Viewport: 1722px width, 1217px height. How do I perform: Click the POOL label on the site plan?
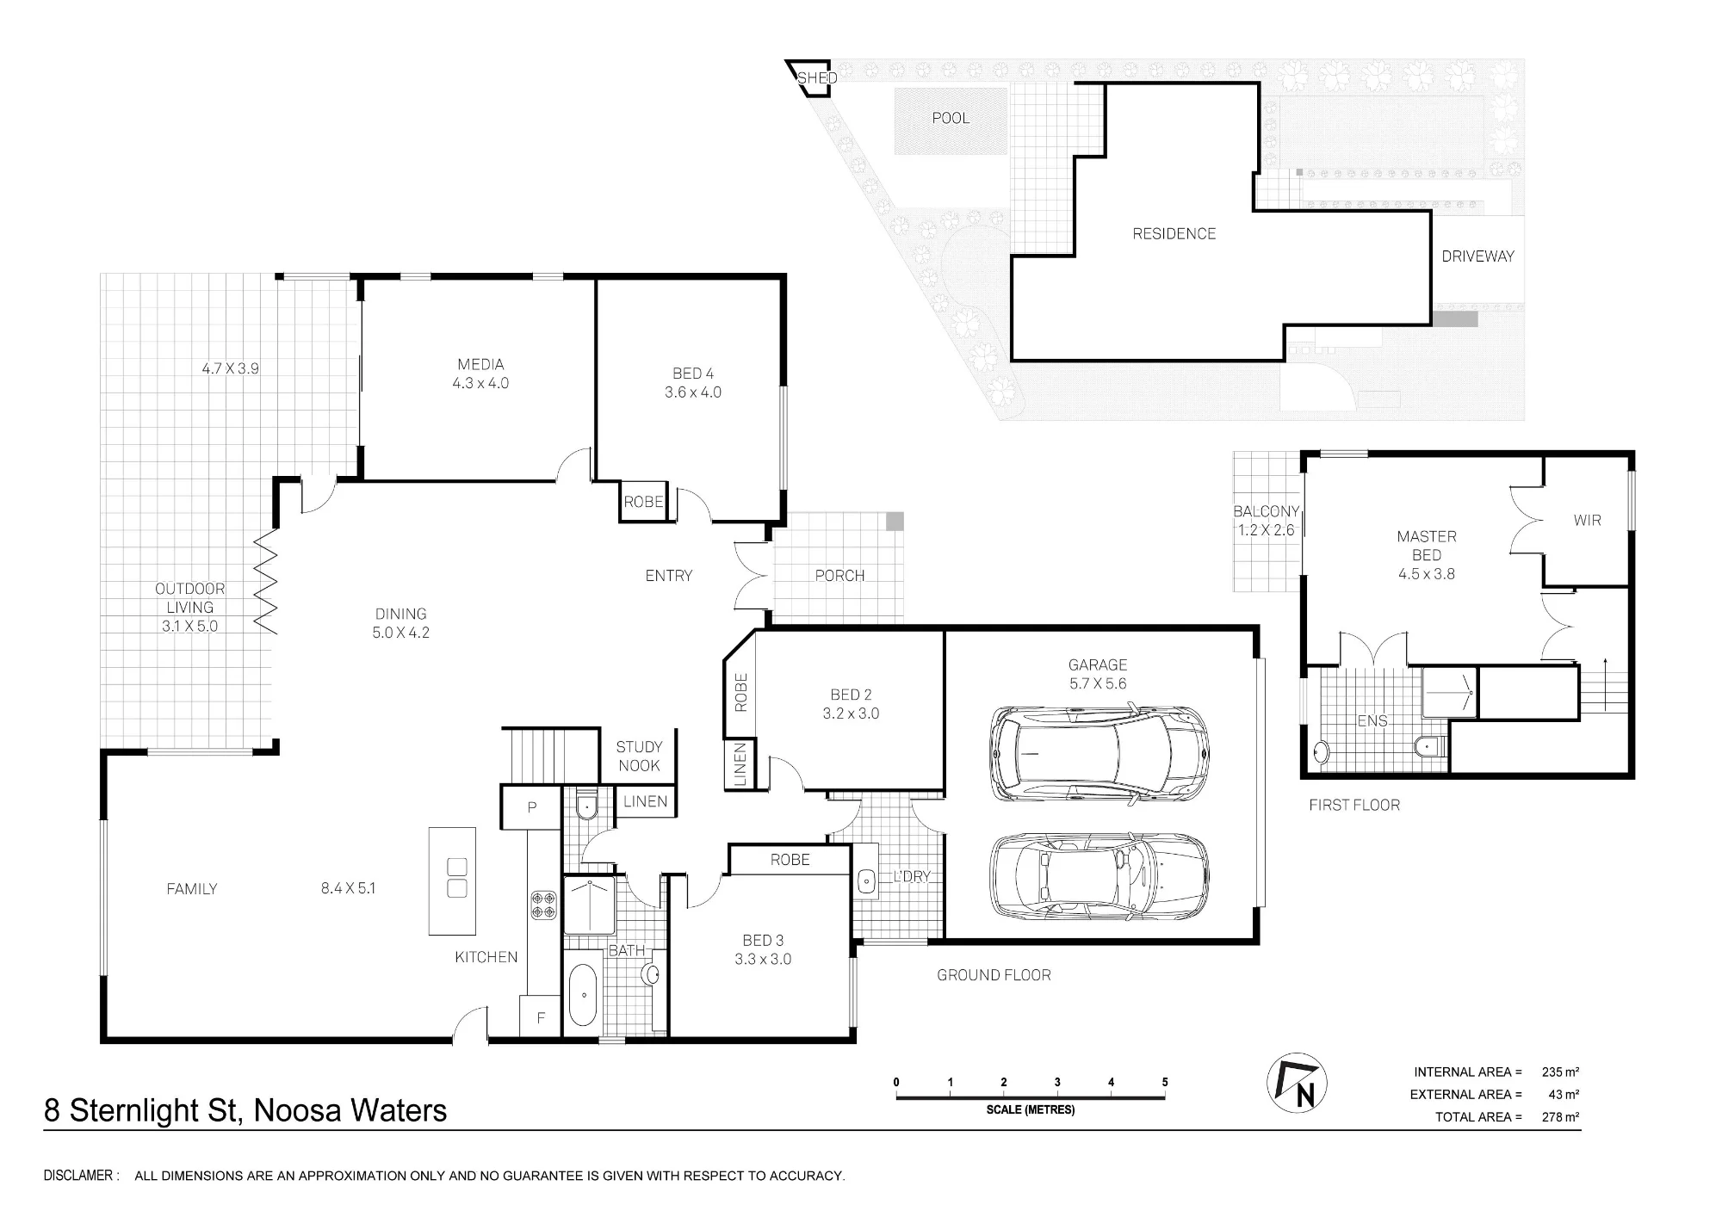point(951,118)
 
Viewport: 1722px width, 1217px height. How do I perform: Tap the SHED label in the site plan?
point(816,78)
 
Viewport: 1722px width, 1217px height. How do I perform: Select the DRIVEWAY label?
point(1477,256)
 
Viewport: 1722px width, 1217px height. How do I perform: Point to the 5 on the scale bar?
point(1165,1082)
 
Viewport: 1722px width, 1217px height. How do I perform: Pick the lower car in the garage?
point(1099,875)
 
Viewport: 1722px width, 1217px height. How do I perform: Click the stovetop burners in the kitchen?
point(543,905)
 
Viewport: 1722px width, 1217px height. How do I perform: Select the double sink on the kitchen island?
point(457,878)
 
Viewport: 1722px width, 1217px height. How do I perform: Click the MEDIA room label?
point(480,364)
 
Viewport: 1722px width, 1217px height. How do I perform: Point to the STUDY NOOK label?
point(639,756)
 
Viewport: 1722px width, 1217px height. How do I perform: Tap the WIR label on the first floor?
point(1587,520)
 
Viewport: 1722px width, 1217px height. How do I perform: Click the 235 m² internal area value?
point(1560,1072)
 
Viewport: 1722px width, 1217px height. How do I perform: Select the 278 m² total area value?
point(1560,1117)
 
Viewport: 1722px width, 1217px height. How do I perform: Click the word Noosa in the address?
point(293,1111)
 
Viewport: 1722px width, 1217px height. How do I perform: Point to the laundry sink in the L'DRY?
point(866,880)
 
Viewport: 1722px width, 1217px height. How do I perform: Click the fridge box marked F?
point(541,1016)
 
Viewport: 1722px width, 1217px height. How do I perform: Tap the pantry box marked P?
point(532,808)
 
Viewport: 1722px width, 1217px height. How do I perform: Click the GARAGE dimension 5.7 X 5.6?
point(1098,683)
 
